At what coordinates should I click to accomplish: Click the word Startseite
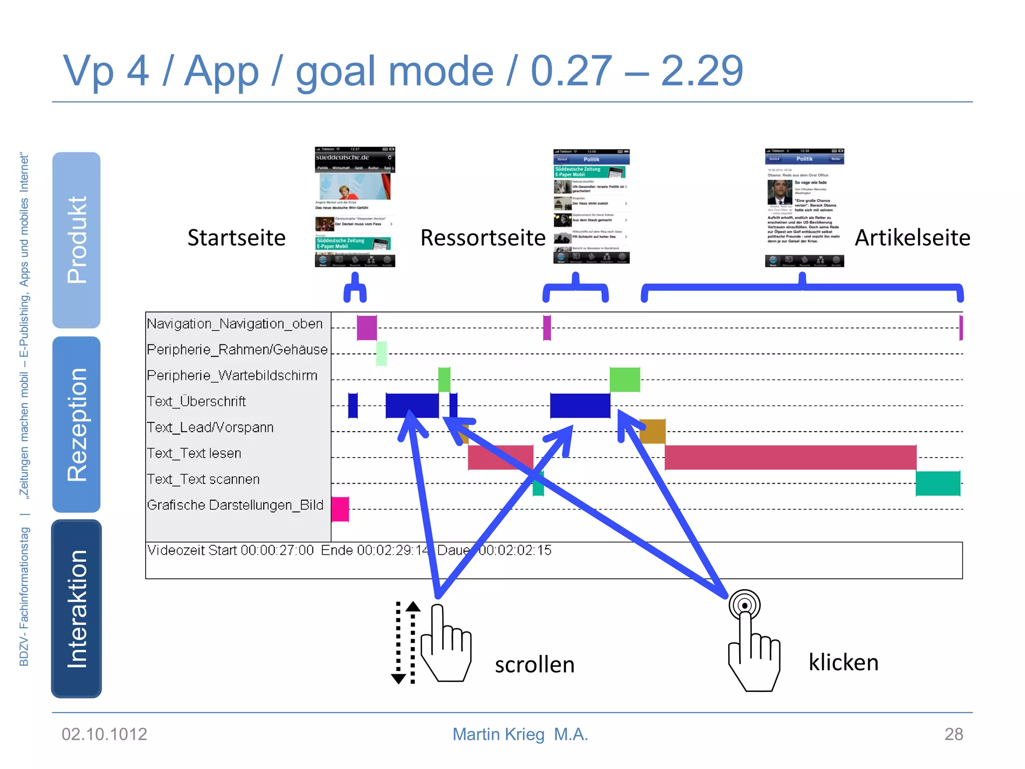pos(236,238)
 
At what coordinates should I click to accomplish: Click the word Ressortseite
pos(482,238)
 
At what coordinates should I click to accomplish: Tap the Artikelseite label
pos(912,238)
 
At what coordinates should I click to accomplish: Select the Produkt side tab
pos(77,240)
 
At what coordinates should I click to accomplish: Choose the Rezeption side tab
pos(77,424)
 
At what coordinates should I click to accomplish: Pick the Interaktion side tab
pos(77,608)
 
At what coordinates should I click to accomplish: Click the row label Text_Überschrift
pos(196,402)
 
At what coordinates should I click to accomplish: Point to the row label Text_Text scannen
pos(203,479)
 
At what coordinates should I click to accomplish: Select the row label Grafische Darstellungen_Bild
pos(235,505)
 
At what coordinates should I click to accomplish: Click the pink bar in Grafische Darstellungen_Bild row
pos(340,509)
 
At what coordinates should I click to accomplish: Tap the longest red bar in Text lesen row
pos(790,457)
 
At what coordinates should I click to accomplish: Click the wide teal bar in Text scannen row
pos(937,483)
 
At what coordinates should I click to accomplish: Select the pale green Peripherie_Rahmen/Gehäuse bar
pos(381,353)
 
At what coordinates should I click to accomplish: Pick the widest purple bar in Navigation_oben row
pos(366,328)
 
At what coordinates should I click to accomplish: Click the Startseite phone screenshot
pos(355,207)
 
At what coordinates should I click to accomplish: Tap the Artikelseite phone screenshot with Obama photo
pos(804,207)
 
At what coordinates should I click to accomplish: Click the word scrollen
pos(535,665)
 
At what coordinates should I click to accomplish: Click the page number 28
pos(953,734)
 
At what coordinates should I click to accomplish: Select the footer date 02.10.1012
pos(104,734)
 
